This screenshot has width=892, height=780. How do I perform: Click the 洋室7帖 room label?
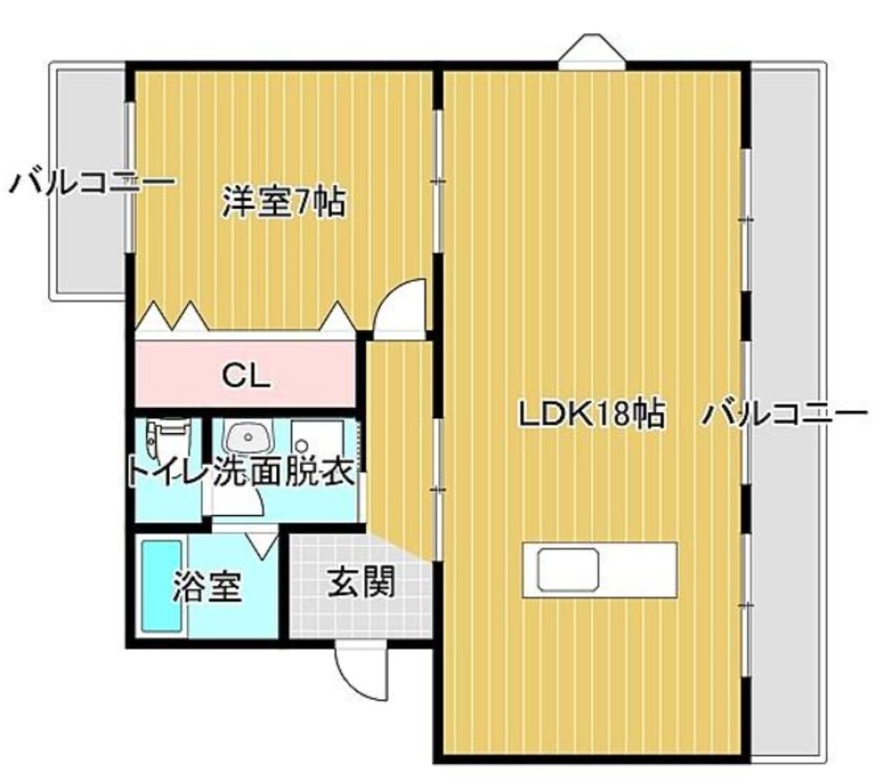(284, 202)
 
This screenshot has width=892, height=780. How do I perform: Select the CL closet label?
(246, 377)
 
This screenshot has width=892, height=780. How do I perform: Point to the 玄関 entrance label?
(361, 583)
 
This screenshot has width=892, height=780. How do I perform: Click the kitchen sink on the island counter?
(568, 566)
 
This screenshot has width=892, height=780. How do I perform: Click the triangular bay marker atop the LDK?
(590, 51)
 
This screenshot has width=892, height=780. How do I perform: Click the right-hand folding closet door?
(336, 319)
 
